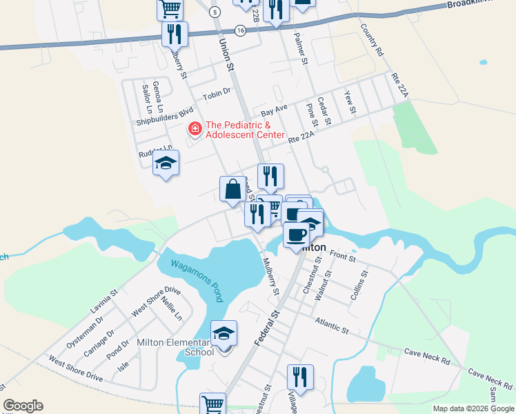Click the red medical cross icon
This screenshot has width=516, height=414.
[x=195, y=129]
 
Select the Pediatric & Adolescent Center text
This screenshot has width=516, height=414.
[x=245, y=130]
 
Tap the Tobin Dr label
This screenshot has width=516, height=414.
[x=216, y=93]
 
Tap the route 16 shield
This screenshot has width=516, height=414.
[x=240, y=30]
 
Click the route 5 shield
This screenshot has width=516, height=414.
[x=215, y=12]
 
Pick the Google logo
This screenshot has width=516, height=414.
[x=23, y=406]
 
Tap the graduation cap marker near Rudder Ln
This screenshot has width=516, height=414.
[x=166, y=164]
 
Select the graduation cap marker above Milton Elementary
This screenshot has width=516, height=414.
[x=224, y=334]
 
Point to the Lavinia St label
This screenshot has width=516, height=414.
[x=103, y=301]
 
